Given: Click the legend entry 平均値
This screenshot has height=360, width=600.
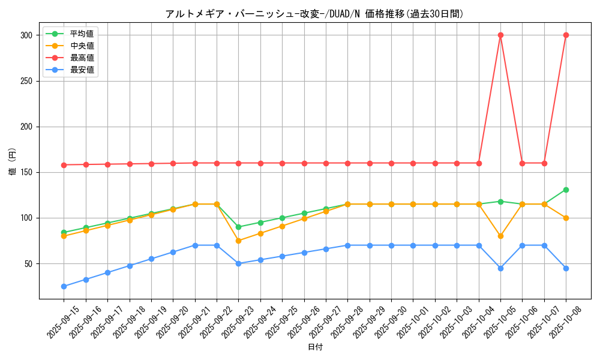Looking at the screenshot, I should pos(82,34).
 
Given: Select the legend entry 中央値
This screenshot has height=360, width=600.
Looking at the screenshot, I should pos(82,46).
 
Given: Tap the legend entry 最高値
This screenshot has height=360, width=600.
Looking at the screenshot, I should pos(82,58).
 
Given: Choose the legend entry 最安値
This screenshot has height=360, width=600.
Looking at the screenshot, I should pos(82,70).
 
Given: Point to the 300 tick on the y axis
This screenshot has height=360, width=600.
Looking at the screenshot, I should pos(26,35).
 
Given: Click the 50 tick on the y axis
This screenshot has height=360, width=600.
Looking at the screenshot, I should pos(29,263).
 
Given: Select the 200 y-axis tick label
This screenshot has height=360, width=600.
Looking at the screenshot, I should pos(26,127).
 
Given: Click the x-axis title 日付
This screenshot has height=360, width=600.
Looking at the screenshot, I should pos(315,347).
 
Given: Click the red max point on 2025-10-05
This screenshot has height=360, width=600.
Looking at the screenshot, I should pos(500,35).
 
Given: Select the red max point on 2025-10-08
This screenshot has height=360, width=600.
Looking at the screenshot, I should pos(566,35).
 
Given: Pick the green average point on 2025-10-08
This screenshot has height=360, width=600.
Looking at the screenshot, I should pos(566,190).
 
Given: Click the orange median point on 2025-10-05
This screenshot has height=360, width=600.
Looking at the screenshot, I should pos(500,236).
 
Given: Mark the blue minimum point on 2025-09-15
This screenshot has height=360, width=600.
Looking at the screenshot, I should pos(64,286).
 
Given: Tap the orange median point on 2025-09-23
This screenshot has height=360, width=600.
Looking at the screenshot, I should pos(238,241).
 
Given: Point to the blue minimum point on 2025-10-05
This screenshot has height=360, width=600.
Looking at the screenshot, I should pos(500,268).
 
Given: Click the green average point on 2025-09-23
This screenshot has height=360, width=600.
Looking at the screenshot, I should pos(238,227).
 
